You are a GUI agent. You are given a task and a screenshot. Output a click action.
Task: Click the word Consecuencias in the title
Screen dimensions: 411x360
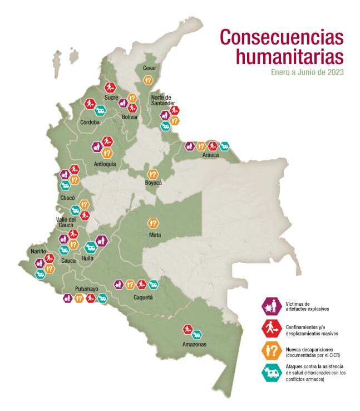pyautogui.click(x=282, y=37)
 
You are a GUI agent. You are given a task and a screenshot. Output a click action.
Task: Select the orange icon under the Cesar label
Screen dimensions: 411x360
pyautogui.click(x=149, y=80)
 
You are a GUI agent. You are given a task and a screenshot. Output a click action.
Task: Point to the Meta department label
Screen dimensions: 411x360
pyautogui.click(x=155, y=234)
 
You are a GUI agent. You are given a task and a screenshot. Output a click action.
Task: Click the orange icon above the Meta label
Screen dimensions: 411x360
pyautogui.click(x=153, y=223)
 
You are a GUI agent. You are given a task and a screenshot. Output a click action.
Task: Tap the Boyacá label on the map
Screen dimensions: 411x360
pyautogui.click(x=153, y=183)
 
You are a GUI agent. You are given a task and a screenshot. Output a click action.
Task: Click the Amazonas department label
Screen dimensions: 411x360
pyautogui.click(x=194, y=344)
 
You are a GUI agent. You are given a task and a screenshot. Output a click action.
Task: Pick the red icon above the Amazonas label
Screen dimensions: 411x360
pyautogui.click(x=188, y=329)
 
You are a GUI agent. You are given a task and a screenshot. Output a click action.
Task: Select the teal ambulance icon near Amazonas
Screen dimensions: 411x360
pyautogui.click(x=196, y=334)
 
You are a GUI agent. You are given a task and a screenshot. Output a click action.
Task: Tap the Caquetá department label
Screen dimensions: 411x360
pyautogui.click(x=144, y=297)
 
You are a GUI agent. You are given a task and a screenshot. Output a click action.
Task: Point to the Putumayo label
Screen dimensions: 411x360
pyautogui.click(x=87, y=289)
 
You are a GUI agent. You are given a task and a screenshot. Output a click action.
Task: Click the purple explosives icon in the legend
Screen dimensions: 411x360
pyautogui.click(x=270, y=306)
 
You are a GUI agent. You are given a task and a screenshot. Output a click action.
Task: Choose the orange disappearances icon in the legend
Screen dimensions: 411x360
pyautogui.click(x=270, y=350)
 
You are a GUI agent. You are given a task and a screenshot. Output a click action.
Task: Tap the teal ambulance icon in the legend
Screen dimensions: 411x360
pyautogui.click(x=270, y=373)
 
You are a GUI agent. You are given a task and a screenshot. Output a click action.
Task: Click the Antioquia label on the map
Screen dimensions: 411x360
pyautogui.click(x=105, y=164)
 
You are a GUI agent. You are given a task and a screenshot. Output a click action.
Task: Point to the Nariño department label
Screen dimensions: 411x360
pyautogui.click(x=38, y=251)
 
